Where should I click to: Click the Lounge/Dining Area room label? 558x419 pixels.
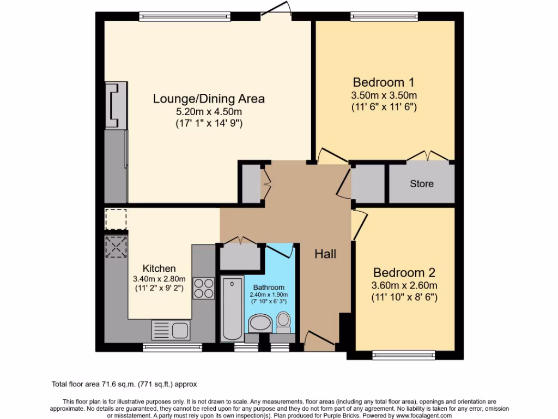tap(209, 99)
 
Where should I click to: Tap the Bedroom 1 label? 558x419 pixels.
tap(384, 82)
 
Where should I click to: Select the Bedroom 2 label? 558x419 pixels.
tap(404, 272)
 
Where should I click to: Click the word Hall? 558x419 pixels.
tap(325, 254)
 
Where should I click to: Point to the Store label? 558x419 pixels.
tap(422, 184)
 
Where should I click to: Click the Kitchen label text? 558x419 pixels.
tap(159, 268)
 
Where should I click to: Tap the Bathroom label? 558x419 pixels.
tap(269, 288)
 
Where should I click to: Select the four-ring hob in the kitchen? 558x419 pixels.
tap(204, 288)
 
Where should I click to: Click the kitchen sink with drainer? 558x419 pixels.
tap(170, 330)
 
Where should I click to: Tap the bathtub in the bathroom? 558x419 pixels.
tap(233, 309)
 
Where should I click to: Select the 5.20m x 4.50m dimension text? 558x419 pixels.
tap(209, 112)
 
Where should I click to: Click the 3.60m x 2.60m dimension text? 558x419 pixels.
tap(404, 285)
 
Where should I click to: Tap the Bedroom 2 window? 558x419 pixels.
tap(404, 355)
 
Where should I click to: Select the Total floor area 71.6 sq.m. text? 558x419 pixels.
tap(128, 384)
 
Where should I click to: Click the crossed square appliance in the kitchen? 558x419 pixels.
tap(116, 247)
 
